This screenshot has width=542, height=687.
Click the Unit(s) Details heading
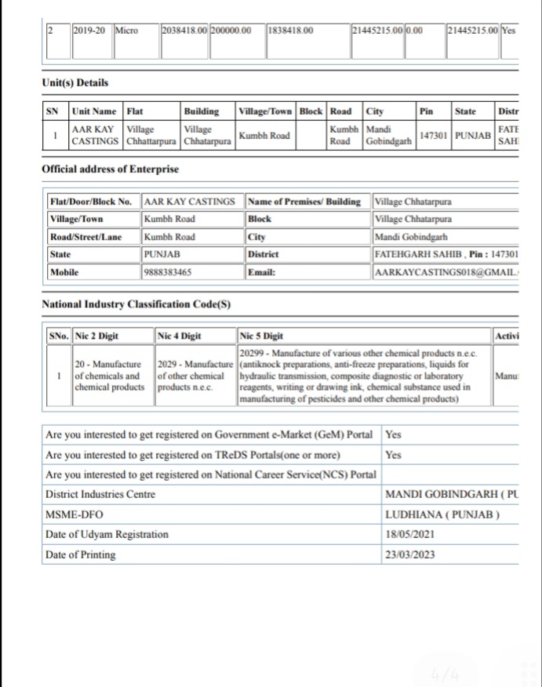coord(75,82)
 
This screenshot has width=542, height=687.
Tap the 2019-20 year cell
coord(90,31)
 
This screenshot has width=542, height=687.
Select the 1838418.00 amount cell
coord(290,31)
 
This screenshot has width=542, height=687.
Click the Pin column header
coord(427,111)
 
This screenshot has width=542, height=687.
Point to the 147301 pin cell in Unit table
coord(434,135)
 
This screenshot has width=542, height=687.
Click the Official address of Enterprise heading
coord(110,169)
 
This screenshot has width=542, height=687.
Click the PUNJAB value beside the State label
coord(162,255)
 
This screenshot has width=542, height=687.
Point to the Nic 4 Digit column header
coord(180,336)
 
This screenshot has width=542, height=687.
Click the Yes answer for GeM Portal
coord(394,434)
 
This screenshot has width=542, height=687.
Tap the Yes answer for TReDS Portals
coord(394,454)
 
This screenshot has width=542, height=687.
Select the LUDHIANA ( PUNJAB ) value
coord(442,514)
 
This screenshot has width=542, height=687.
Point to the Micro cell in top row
coord(126,31)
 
